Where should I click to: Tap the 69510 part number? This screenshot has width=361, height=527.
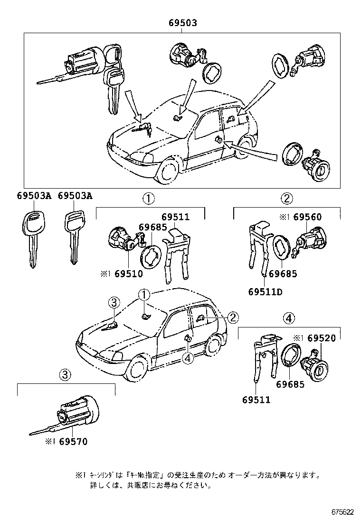click(x=129, y=274)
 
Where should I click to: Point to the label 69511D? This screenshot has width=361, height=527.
click(x=265, y=291)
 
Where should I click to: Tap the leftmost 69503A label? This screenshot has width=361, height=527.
click(x=34, y=195)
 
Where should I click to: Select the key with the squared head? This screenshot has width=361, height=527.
click(x=73, y=235)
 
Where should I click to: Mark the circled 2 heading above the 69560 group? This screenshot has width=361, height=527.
click(x=287, y=199)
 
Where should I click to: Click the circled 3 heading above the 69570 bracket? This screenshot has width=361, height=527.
click(x=65, y=375)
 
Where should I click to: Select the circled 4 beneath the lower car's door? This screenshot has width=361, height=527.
click(x=189, y=359)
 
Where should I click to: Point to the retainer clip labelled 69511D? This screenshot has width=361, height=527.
click(x=258, y=249)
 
